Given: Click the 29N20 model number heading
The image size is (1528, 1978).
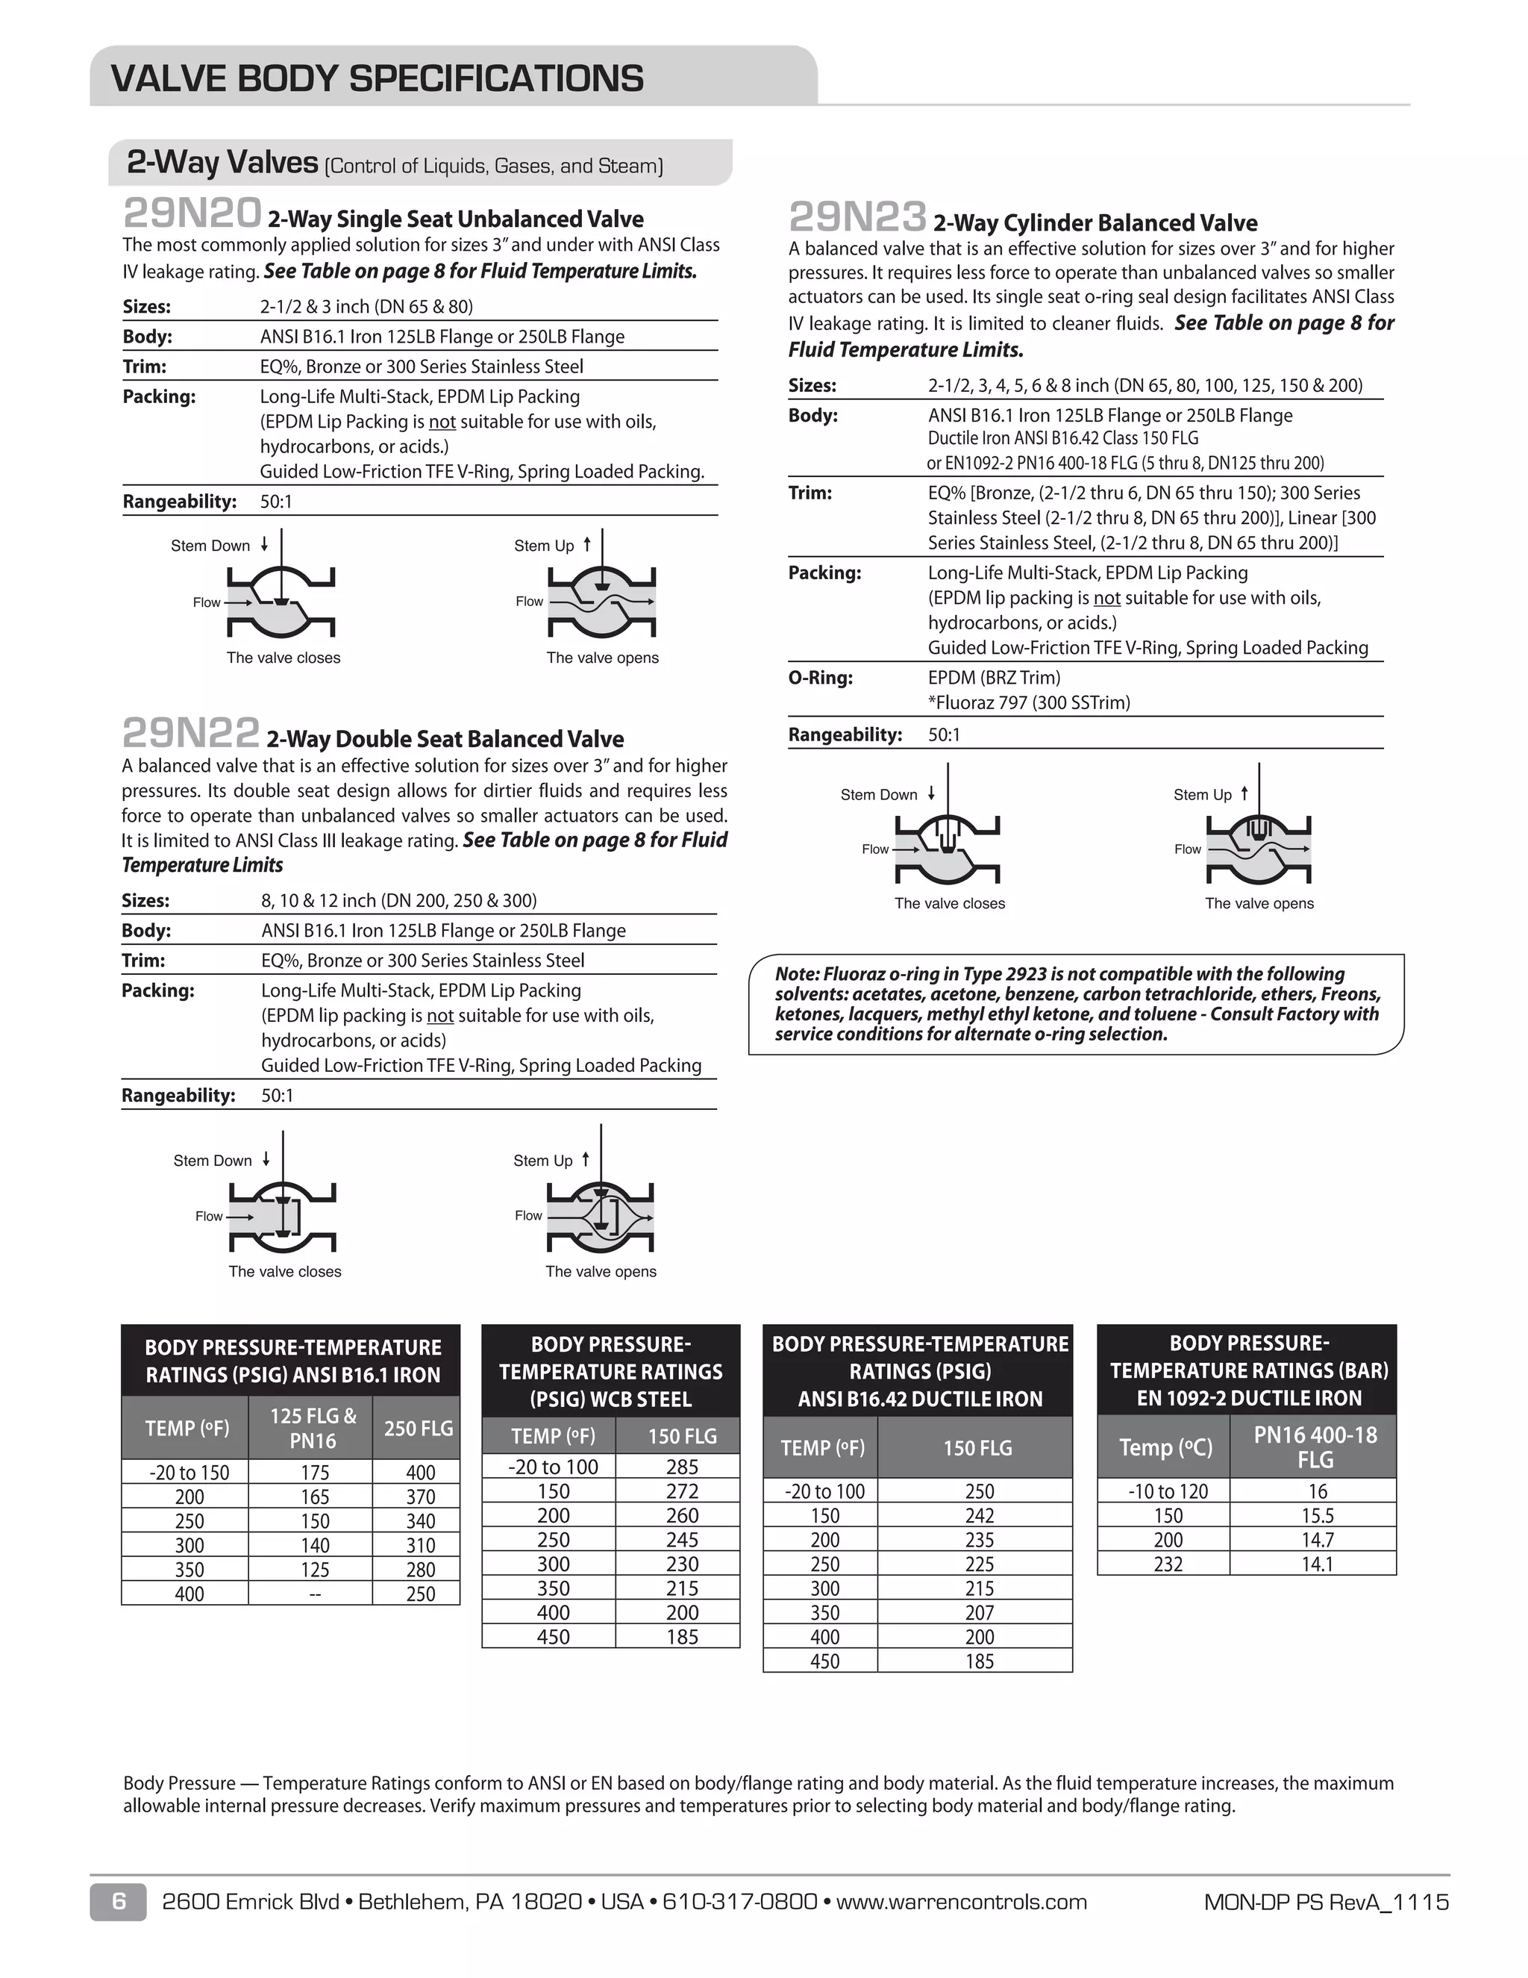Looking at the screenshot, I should (192, 215).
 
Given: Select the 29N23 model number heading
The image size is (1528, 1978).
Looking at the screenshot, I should (857, 218).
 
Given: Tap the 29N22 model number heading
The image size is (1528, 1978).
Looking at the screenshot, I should (191, 734).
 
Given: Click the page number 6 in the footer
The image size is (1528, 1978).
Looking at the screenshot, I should (119, 1902).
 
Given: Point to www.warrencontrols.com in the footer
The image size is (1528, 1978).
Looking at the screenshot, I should (961, 1902).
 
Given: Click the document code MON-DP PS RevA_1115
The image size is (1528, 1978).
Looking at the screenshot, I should (1326, 1902).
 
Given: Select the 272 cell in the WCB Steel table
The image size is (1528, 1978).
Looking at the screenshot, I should (682, 1491).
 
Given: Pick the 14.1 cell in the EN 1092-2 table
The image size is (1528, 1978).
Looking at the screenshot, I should (1317, 1564).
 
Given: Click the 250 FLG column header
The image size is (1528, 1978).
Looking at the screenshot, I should (419, 1428).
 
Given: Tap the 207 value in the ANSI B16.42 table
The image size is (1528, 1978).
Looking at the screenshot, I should (979, 1613).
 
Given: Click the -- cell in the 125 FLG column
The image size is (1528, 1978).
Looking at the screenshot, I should (313, 1594).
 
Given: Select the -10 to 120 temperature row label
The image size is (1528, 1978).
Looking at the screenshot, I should (1167, 1491).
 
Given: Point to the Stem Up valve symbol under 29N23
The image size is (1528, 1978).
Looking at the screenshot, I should (1258, 848).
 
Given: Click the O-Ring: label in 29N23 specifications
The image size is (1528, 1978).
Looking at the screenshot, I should (820, 678).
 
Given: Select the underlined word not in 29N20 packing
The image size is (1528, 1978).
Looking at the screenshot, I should (442, 422).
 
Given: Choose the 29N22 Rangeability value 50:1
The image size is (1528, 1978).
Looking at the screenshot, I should (277, 1096).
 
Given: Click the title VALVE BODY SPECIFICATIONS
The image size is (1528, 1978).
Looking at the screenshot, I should (377, 79).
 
